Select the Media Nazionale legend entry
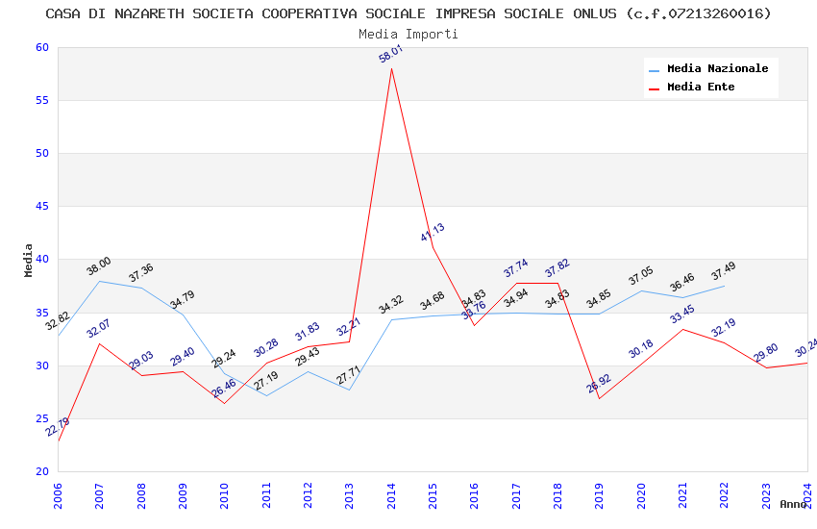(717, 69)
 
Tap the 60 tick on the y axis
(39, 48)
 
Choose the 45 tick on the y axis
(39, 207)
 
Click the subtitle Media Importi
(408, 34)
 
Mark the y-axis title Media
(29, 260)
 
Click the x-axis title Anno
(793, 504)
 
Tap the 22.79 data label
(58, 427)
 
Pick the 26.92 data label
(599, 385)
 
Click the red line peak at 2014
(391, 68)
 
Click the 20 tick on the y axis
(39, 471)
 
